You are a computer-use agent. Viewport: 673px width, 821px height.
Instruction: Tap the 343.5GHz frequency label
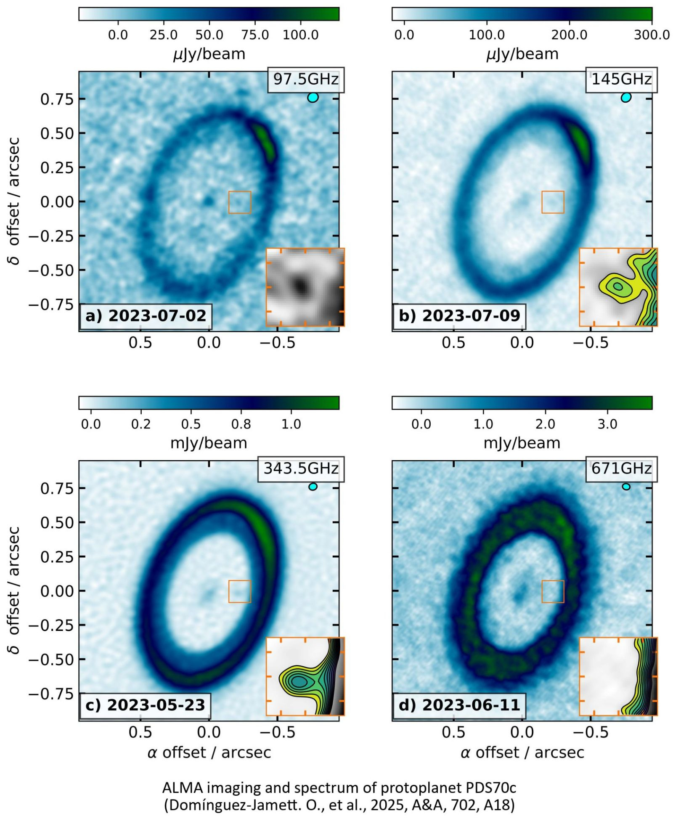(301, 469)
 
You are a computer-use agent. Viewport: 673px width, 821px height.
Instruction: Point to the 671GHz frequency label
(621, 469)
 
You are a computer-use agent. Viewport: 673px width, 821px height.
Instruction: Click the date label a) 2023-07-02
(146, 316)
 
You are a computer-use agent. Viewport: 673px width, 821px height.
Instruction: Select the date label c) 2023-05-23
(145, 705)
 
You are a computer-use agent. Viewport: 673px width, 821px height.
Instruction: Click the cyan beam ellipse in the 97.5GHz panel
(313, 98)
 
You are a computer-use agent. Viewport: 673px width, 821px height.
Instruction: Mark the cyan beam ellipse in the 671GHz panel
(626, 487)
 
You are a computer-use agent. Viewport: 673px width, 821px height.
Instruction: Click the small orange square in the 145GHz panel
(553, 202)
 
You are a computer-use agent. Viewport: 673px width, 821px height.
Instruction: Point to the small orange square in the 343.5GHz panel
(240, 591)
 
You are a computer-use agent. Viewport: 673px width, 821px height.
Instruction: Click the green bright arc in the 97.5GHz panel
(264, 141)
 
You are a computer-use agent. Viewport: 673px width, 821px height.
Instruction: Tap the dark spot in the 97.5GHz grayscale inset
(300, 286)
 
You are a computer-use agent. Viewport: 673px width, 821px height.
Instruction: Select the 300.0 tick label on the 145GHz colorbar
(652, 34)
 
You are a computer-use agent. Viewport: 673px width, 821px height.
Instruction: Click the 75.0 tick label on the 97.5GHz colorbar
(255, 34)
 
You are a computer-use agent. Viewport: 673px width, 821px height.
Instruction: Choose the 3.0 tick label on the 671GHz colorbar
(607, 424)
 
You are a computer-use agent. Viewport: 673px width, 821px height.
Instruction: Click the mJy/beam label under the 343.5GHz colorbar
(209, 443)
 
